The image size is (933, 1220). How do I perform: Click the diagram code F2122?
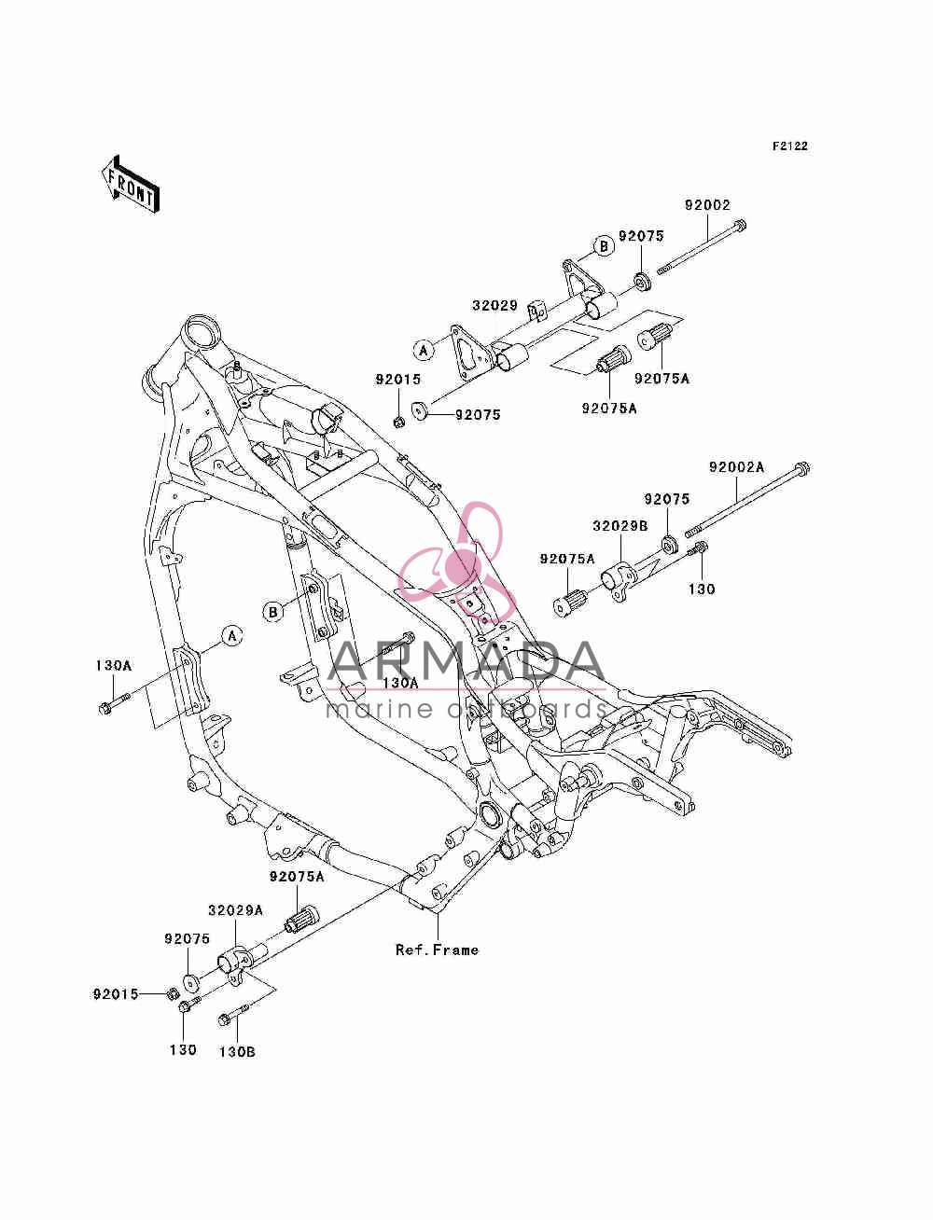click(x=789, y=146)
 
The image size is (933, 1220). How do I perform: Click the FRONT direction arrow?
click(x=132, y=185)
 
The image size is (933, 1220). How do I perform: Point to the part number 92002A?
click(x=736, y=467)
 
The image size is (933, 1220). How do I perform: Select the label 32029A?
click(x=235, y=910)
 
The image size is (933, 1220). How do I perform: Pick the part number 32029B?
click(x=620, y=526)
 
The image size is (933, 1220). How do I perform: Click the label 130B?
click(x=237, y=1052)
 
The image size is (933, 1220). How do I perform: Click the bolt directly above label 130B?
click(x=233, y=1016)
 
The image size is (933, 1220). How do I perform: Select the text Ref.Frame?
click(x=437, y=950)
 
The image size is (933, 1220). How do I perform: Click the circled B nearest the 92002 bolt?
click(x=604, y=246)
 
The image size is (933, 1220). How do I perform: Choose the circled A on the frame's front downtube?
click(x=232, y=635)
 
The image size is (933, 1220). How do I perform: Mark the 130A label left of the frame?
click(x=114, y=665)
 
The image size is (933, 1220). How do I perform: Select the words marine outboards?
click(x=466, y=709)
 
